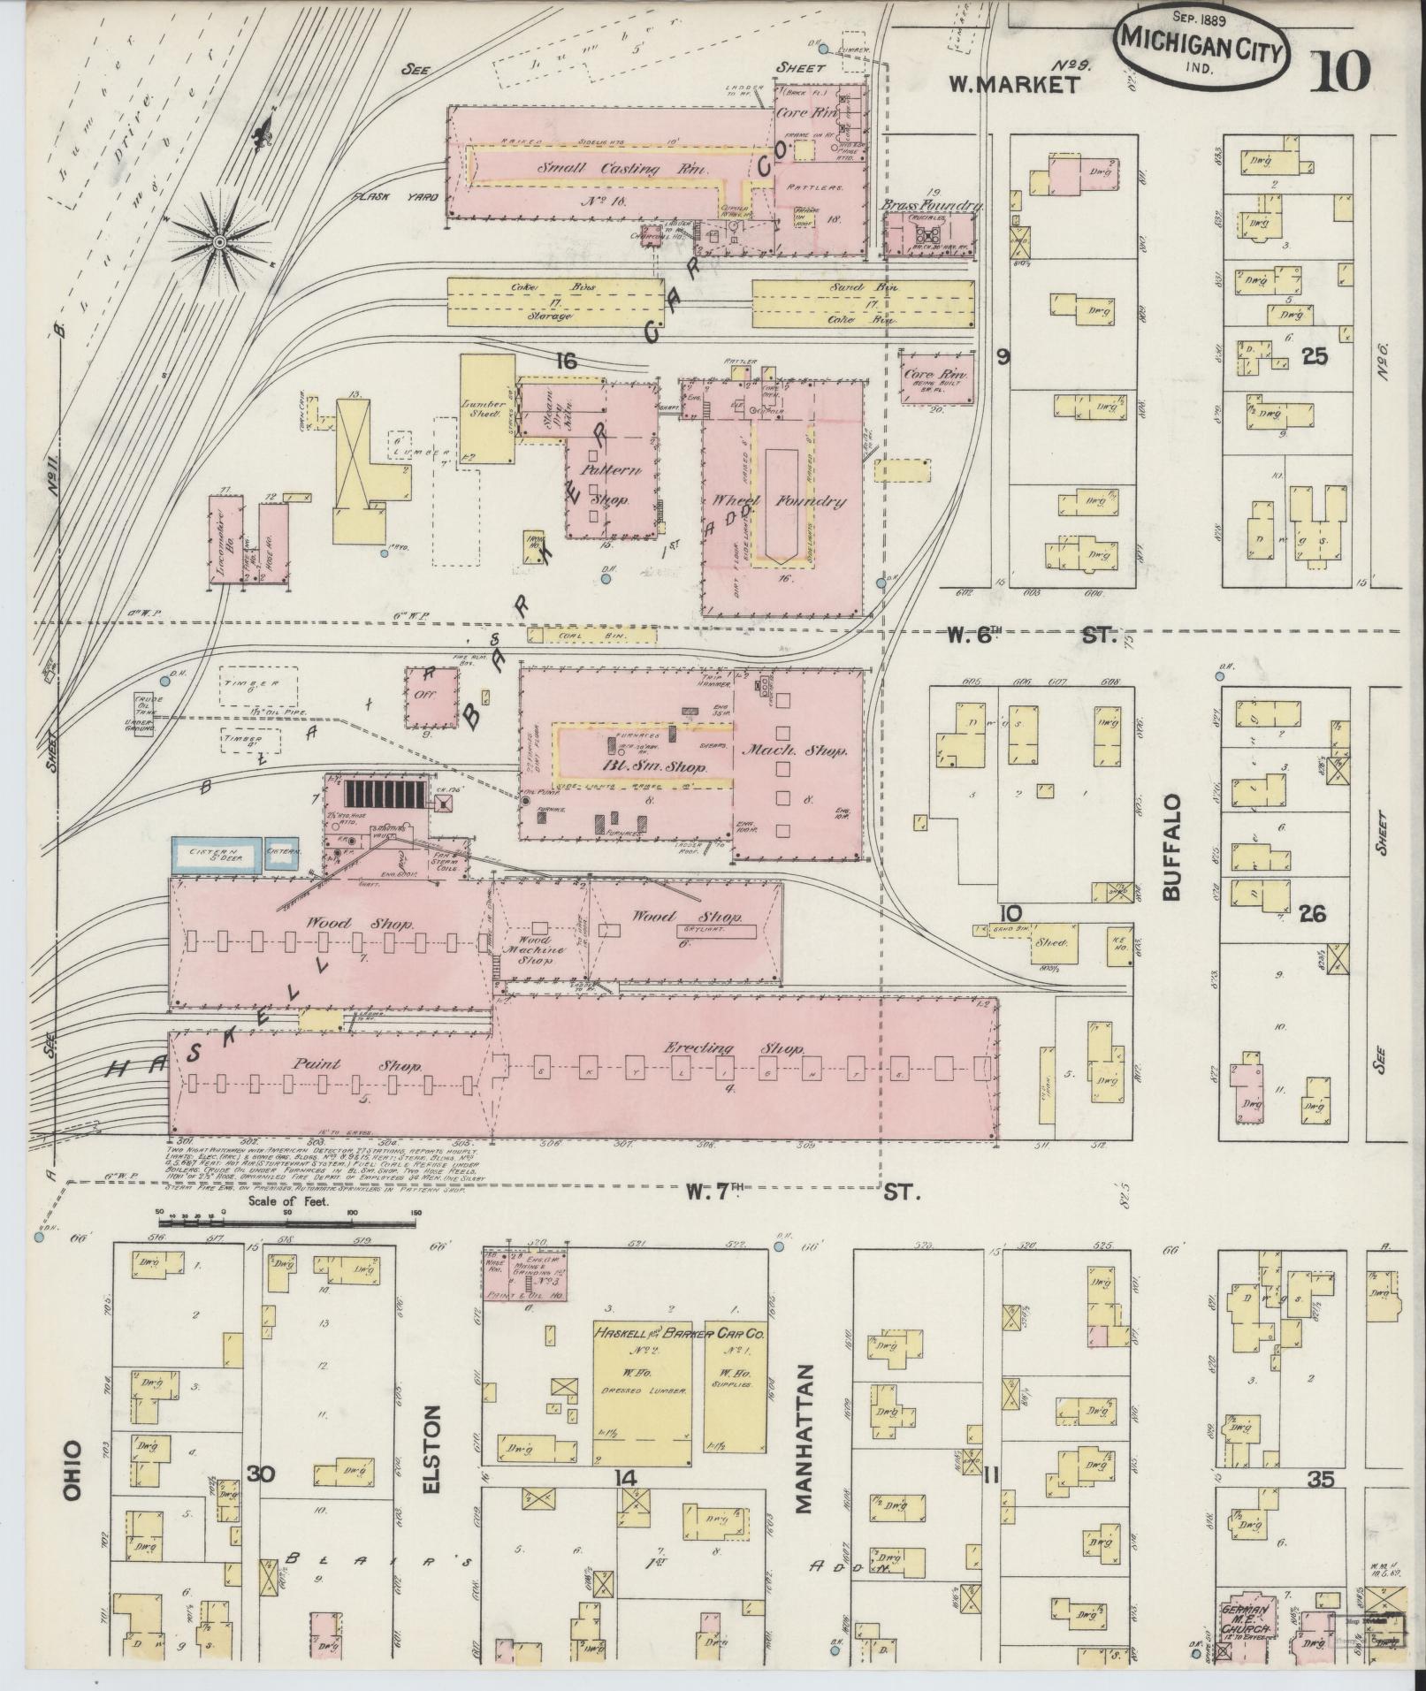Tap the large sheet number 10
pos(1341,71)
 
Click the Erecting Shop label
pos(733,1049)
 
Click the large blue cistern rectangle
pos(214,855)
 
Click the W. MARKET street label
pos(1014,84)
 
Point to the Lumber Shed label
pos(484,411)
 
